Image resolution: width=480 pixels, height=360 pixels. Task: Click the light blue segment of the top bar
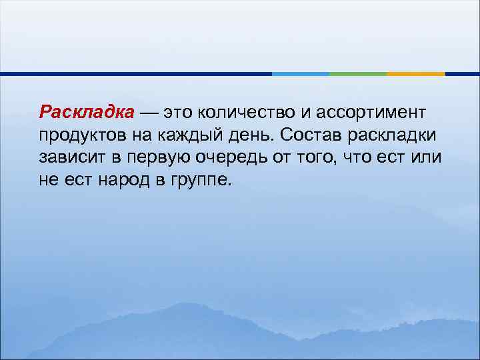click(x=300, y=73)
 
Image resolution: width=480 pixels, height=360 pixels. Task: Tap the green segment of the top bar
click(x=358, y=73)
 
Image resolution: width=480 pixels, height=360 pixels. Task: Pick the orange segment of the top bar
click(x=416, y=73)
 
